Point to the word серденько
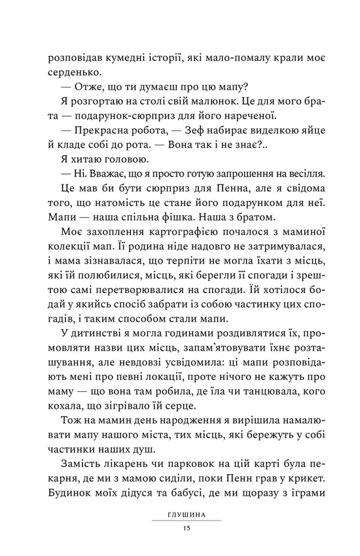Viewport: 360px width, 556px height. (x=73, y=75)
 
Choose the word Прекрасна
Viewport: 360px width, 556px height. (x=99, y=150)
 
